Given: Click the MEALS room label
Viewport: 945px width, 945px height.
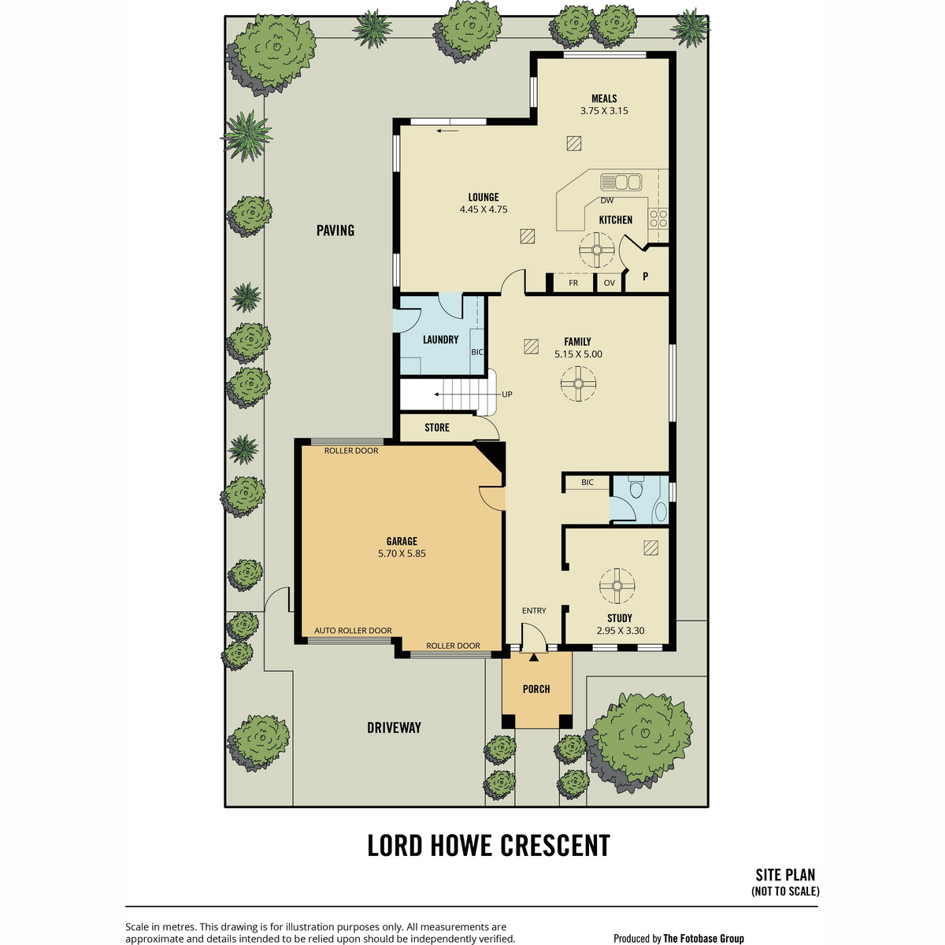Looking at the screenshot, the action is click(x=604, y=98).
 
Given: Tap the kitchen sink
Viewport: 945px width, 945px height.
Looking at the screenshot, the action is click(x=621, y=182).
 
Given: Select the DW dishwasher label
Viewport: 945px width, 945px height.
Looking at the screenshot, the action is click(x=606, y=200).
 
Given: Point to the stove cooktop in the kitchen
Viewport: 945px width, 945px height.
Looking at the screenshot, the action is click(x=658, y=218).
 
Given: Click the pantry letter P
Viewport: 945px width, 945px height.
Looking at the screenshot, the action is click(x=646, y=276).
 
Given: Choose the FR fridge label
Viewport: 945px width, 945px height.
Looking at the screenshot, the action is click(x=573, y=283).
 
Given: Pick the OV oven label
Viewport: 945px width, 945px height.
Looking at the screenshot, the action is click(x=609, y=283).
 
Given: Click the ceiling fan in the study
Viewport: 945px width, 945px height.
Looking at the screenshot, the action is click(x=617, y=586).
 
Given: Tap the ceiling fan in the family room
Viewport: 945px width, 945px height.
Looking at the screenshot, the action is click(x=578, y=384).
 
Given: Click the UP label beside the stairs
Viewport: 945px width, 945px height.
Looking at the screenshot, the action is click(x=507, y=395).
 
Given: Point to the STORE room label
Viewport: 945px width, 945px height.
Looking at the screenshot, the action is click(x=437, y=428).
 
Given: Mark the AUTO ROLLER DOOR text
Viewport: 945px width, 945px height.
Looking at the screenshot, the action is click(x=353, y=631).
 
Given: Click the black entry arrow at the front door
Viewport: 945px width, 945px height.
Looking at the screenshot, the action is click(x=534, y=657).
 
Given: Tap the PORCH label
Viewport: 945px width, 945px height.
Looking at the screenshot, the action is click(x=536, y=689).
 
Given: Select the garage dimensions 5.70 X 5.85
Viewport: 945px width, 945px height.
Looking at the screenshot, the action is click(x=402, y=554).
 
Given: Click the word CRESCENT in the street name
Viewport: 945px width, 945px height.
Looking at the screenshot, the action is click(x=555, y=846).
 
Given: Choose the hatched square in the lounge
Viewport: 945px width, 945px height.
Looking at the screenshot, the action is click(x=528, y=236).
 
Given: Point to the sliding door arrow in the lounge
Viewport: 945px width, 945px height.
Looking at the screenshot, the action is click(x=447, y=131).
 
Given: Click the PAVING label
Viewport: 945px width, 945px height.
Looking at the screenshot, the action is click(x=335, y=231).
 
